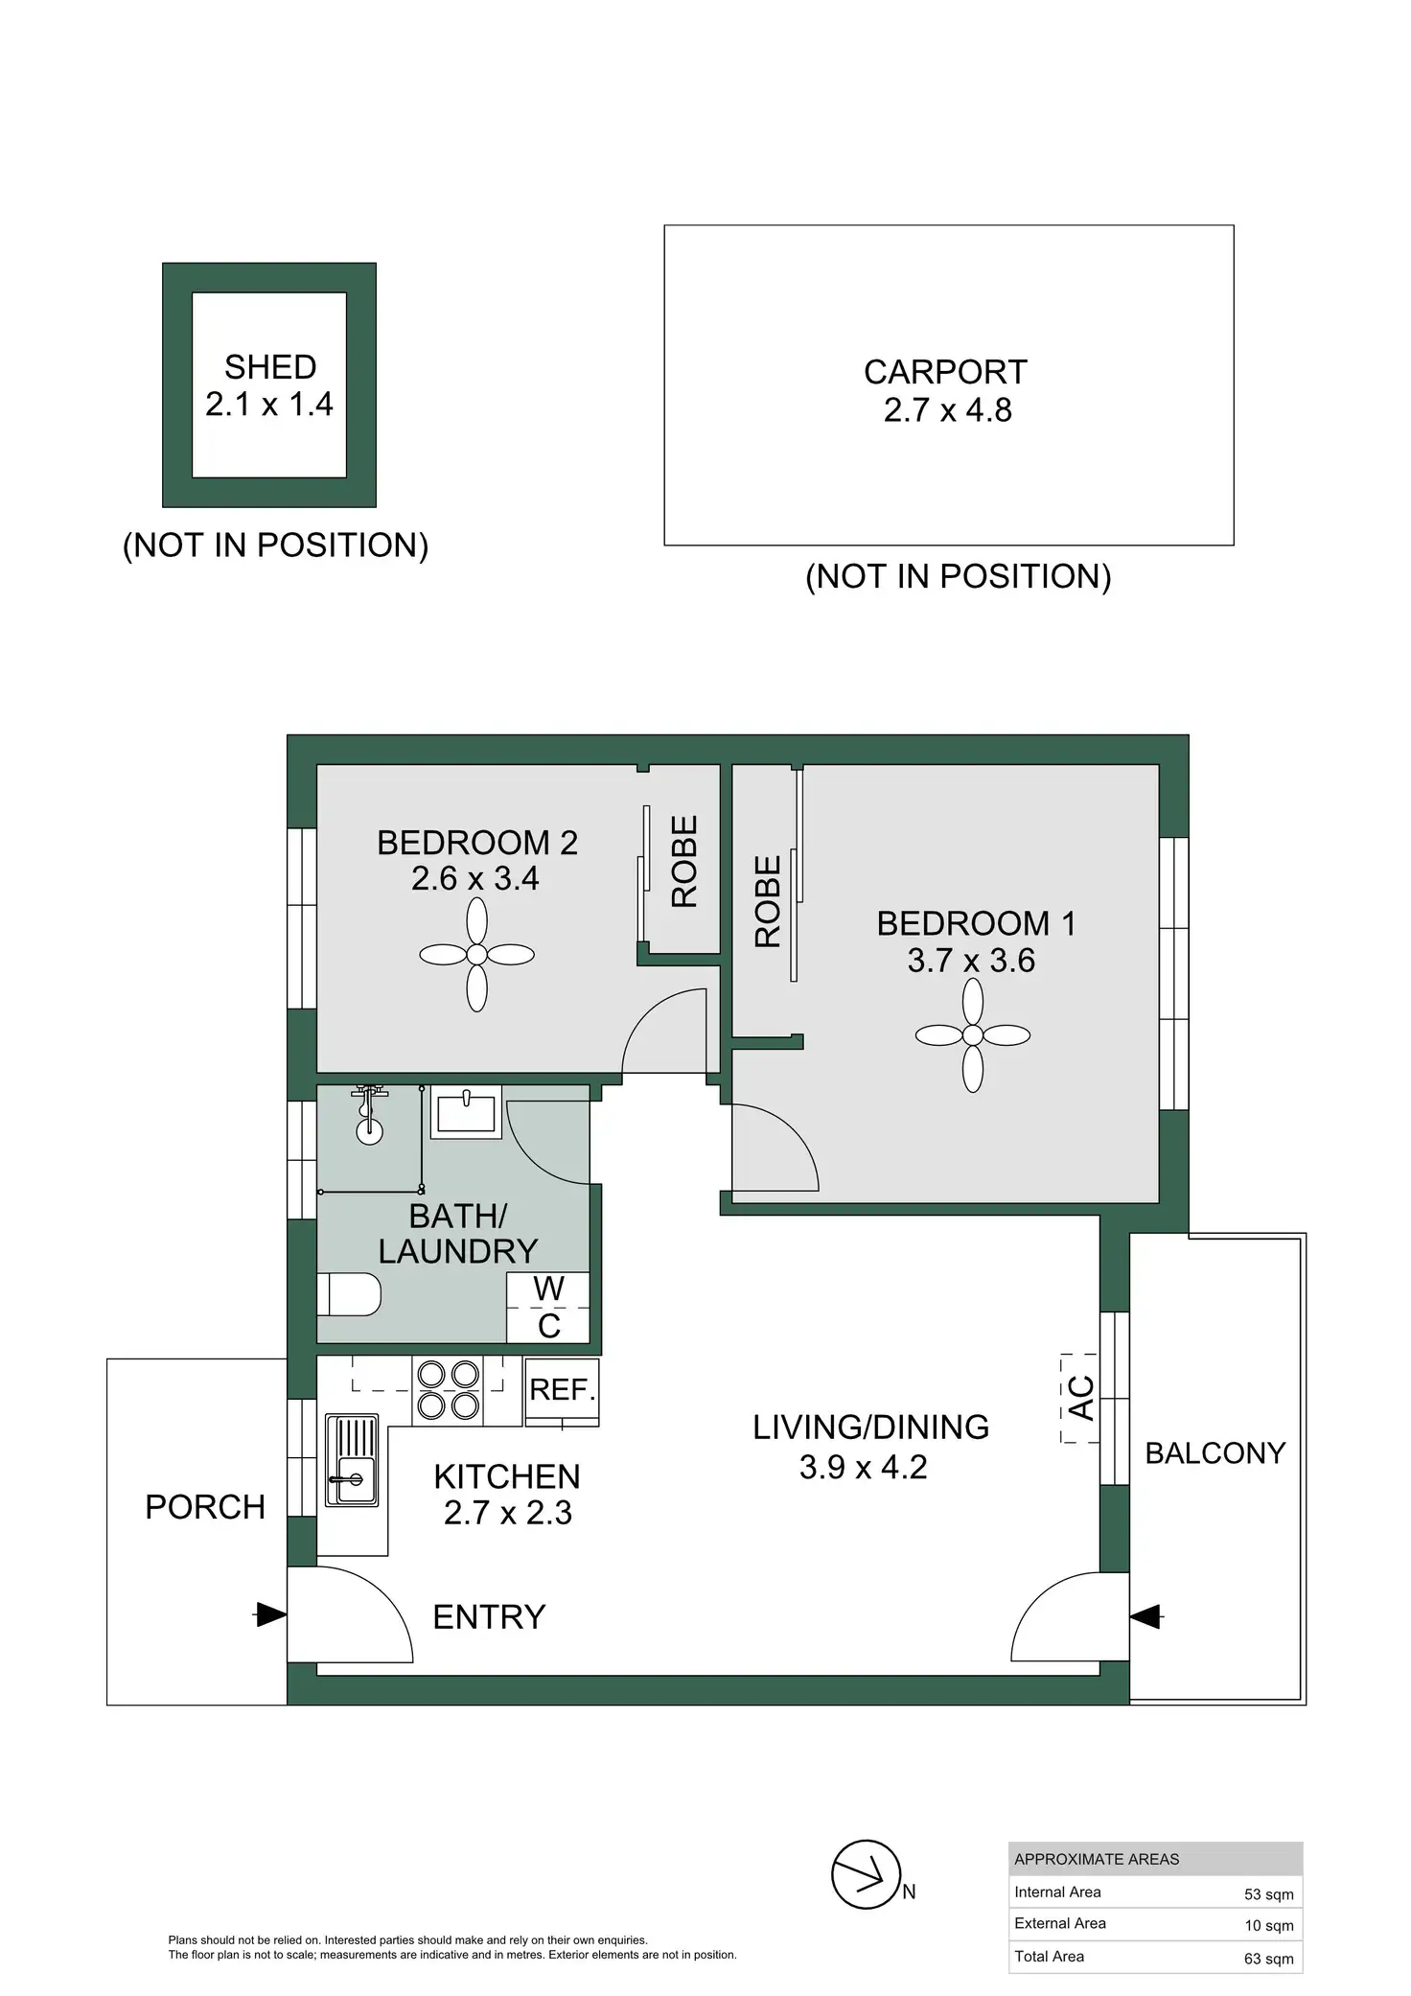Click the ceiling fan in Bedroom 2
pyautogui.click(x=476, y=954)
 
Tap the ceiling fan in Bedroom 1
pyautogui.click(x=972, y=1035)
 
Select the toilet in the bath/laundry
pyautogui.click(x=349, y=1294)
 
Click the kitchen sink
pyautogui.click(x=352, y=1461)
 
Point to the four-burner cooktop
pyautogui.click(x=448, y=1390)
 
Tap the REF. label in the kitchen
pyautogui.click(x=563, y=1390)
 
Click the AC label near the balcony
pyautogui.click(x=1080, y=1398)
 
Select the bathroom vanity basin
pyautogui.click(x=466, y=1112)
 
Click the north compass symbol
pyautogui.click(x=867, y=1874)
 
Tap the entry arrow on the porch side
pyautogui.click(x=270, y=1614)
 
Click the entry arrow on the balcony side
pyautogui.click(x=1145, y=1615)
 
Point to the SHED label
pyautogui.click(x=270, y=367)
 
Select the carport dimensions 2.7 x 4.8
pyautogui.click(x=947, y=410)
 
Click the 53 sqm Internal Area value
pyautogui.click(x=1268, y=1894)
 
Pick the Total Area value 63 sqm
pyautogui.click(x=1268, y=1959)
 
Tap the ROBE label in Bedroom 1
pyautogui.click(x=769, y=901)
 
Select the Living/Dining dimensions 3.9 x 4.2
pyautogui.click(x=863, y=1468)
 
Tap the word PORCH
pyautogui.click(x=204, y=1507)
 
